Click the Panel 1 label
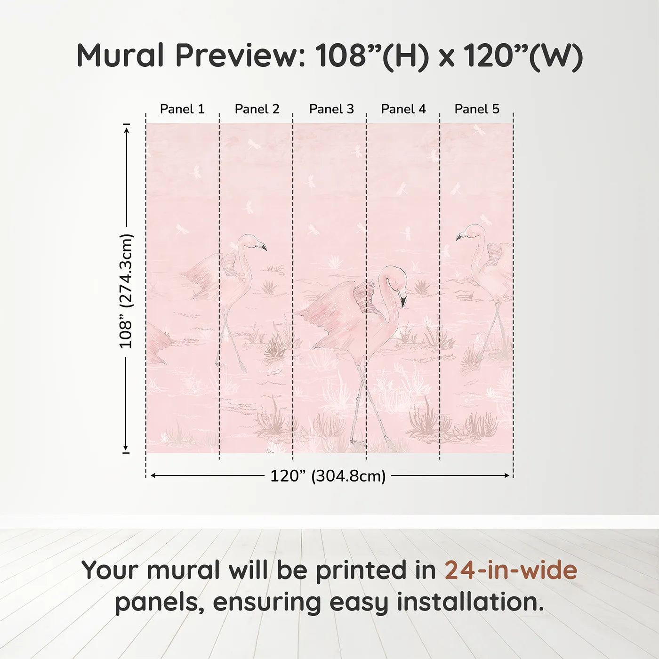[x=182, y=109]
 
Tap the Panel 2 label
[x=257, y=109]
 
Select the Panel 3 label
[x=331, y=109]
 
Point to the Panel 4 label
[x=403, y=109]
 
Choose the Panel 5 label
[x=477, y=109]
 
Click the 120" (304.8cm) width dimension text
[x=328, y=476]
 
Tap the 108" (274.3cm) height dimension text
[x=126, y=291]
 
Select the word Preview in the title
[x=241, y=56]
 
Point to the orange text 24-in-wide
[x=511, y=570]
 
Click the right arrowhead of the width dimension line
[x=507, y=475]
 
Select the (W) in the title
[x=556, y=56]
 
